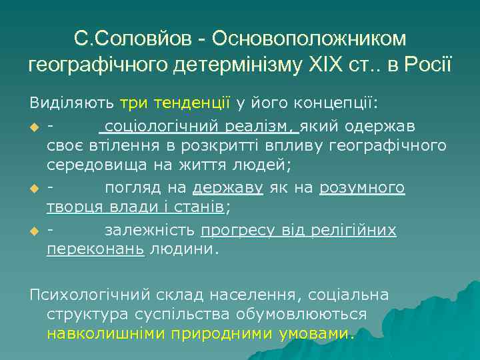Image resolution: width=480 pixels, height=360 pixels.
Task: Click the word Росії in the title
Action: click(427, 65)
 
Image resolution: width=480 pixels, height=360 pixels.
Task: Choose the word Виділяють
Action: click(71, 103)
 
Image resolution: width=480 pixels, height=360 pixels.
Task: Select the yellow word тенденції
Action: click(191, 103)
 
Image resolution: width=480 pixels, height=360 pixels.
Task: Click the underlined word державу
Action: click(229, 188)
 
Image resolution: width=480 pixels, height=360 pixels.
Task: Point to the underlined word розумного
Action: click(362, 188)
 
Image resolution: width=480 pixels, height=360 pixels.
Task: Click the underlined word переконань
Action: click(95, 251)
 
